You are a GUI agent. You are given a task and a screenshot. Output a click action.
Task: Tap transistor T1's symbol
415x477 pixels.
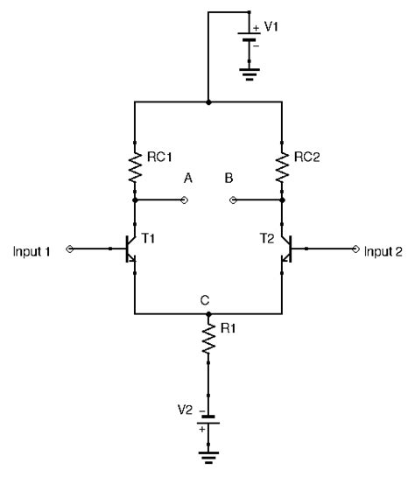point(129,249)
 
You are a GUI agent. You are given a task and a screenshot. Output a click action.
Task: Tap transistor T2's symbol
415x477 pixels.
point(287,249)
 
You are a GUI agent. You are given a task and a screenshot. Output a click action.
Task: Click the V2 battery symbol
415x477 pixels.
point(208,419)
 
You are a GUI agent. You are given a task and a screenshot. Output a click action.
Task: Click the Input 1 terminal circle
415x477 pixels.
point(70,249)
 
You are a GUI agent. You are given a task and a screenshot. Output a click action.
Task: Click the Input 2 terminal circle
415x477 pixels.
point(355,249)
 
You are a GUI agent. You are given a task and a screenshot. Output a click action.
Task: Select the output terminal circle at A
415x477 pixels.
point(185,200)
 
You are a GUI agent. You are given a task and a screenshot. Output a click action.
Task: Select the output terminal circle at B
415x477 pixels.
point(233,200)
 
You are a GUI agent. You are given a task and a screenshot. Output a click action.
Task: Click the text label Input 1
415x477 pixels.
point(32,251)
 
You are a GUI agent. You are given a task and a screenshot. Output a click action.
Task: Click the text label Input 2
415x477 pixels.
point(383,251)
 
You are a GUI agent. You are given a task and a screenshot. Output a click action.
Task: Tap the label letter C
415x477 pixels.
point(205,300)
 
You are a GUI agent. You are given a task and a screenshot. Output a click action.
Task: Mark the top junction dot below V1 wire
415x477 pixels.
point(208,102)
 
